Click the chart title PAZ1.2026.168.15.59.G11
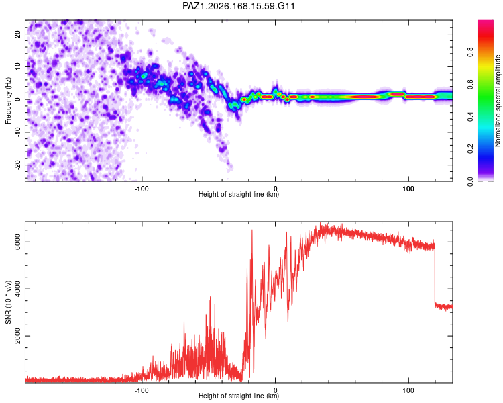coord(238,6)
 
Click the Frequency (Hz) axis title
coord(8,101)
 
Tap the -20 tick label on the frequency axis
coord(17,165)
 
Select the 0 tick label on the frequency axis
coord(17,99)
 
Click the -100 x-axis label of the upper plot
coord(142,189)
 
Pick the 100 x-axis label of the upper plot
coord(408,189)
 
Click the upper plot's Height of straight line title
coord(239,194)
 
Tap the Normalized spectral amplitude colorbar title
coord(498,101)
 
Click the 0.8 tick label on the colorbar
coord(471,52)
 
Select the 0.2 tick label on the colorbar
coord(471,149)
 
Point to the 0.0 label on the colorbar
coord(471,181)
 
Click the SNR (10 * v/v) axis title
coord(8,302)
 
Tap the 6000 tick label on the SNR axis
coord(17,242)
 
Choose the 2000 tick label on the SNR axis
coord(17,336)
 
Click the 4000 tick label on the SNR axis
coord(17,289)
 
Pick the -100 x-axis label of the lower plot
coord(142,390)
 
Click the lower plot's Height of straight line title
coord(239,396)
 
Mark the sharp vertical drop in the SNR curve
coord(435,275)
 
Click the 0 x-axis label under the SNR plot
coord(275,390)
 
